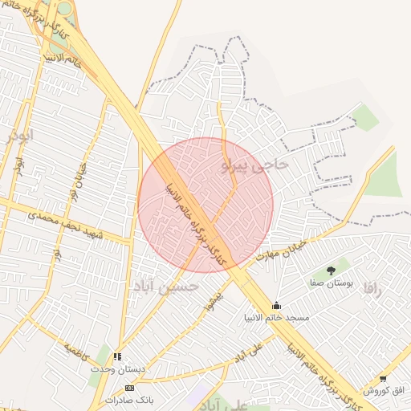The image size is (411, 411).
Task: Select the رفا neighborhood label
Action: click(x=372, y=288)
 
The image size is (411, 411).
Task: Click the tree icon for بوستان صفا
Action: click(x=332, y=271)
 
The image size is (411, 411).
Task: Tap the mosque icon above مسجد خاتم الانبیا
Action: click(x=277, y=305)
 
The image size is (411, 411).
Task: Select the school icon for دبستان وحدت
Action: click(x=119, y=356)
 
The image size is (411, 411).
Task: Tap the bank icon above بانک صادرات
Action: click(x=130, y=388)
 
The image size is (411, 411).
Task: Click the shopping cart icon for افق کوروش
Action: click(x=383, y=379)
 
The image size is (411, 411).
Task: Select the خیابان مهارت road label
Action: click(x=282, y=250)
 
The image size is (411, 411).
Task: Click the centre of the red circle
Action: click(x=205, y=205)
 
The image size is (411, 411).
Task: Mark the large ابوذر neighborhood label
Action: click(x=20, y=136)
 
